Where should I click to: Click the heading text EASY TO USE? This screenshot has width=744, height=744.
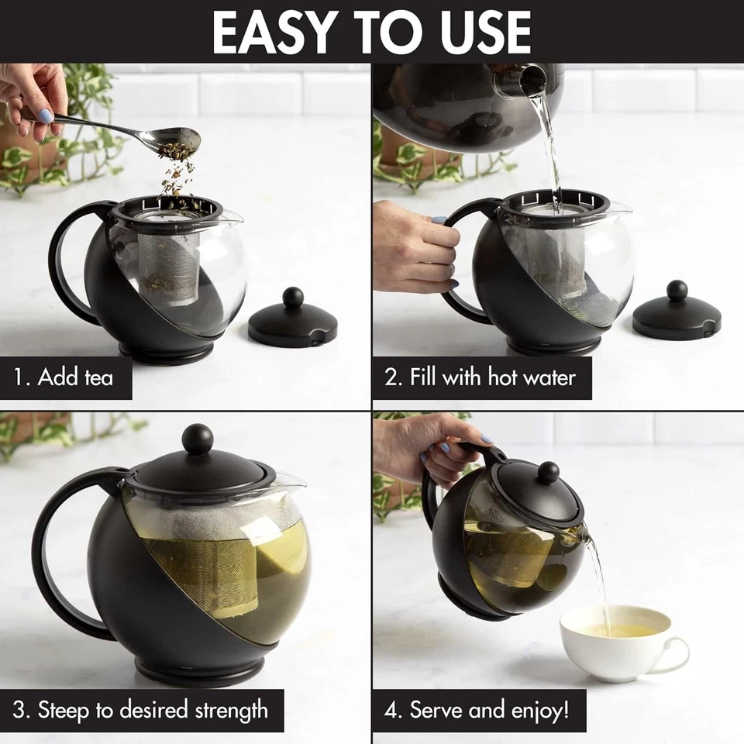(372, 32)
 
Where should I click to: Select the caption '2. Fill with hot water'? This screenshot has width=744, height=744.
(480, 377)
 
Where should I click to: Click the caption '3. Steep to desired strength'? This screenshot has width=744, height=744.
(140, 709)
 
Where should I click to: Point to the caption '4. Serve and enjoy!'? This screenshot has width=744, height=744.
(477, 709)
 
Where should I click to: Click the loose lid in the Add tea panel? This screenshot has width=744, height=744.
(292, 322)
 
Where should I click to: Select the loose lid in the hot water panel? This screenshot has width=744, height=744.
(677, 314)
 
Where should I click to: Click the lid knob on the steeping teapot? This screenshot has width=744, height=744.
(198, 439)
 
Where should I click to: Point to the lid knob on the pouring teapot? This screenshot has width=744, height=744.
(549, 472)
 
